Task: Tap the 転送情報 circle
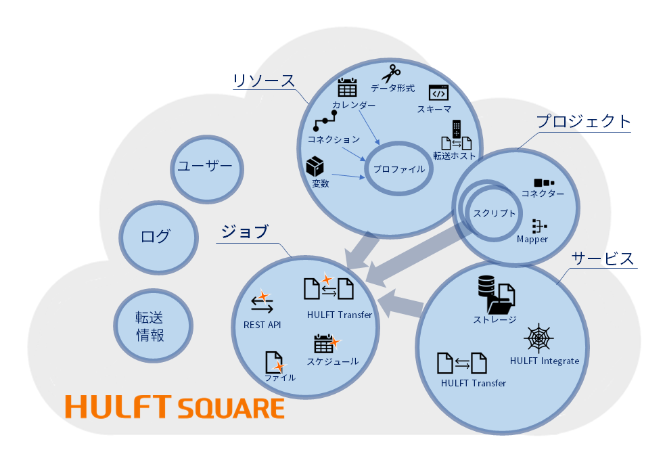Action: [x=150, y=325]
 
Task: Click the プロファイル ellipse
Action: [x=399, y=169]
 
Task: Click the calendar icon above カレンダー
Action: [x=347, y=88]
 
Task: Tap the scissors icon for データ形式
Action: [x=390, y=73]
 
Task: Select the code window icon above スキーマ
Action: [x=438, y=93]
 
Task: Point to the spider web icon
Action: [x=538, y=338]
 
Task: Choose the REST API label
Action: [x=262, y=325]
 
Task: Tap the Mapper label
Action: [x=532, y=239]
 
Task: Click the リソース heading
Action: [x=264, y=81]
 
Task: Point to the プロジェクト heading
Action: [x=583, y=122]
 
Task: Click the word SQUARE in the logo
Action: [x=231, y=409]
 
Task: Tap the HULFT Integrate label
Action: [x=544, y=361]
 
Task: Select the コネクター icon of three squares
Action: [x=543, y=183]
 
